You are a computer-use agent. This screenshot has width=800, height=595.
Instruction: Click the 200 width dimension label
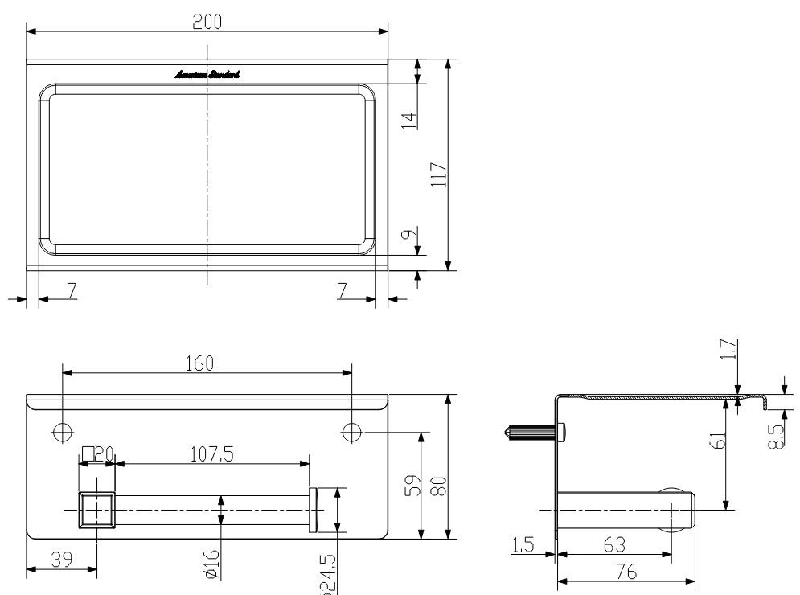click(207, 22)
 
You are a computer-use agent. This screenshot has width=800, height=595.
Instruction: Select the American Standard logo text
click(207, 75)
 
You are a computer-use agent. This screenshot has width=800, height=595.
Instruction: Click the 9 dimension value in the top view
click(409, 236)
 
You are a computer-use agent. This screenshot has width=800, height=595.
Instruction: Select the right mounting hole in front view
click(351, 432)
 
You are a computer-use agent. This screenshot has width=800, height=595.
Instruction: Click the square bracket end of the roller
click(96, 510)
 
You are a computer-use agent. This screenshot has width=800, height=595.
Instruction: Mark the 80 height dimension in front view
click(438, 486)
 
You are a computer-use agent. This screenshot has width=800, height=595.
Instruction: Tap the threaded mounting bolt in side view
click(531, 433)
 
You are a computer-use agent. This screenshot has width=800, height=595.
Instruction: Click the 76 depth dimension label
click(626, 572)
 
